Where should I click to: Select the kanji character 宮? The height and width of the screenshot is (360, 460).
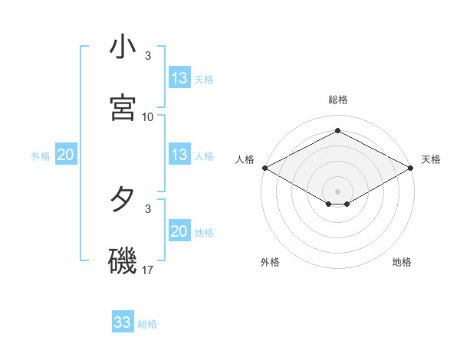click(x=123, y=106)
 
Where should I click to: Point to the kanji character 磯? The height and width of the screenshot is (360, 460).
click(x=123, y=260)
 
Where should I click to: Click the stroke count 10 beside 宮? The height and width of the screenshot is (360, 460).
click(x=148, y=117)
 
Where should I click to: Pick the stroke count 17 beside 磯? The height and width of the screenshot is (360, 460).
click(x=148, y=270)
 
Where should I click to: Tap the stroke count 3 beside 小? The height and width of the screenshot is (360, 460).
click(x=148, y=56)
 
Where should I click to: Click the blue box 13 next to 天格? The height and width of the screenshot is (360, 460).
click(x=179, y=78)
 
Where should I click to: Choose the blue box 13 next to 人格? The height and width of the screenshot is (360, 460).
click(x=179, y=155)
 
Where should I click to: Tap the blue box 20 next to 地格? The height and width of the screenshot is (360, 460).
click(x=179, y=231)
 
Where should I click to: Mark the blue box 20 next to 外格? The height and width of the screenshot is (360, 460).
click(x=66, y=155)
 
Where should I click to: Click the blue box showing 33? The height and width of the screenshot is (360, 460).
click(x=123, y=322)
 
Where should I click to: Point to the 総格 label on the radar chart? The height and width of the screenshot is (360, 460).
click(x=338, y=100)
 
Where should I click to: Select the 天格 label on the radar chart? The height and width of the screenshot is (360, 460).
click(x=431, y=159)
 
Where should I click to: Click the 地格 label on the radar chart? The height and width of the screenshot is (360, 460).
click(x=402, y=262)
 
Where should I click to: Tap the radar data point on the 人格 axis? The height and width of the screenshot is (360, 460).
click(x=264, y=168)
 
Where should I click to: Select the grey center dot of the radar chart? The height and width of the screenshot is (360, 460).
click(x=338, y=191)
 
